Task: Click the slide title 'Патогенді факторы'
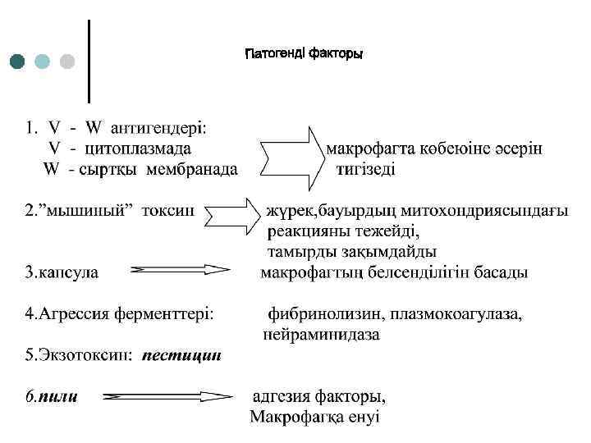(x=304, y=54)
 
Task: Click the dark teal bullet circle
(x=18, y=62)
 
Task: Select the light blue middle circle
(x=43, y=62)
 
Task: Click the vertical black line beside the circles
(x=89, y=60)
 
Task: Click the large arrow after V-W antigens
(x=291, y=156)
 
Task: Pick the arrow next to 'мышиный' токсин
(x=233, y=213)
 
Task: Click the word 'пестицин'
(x=181, y=356)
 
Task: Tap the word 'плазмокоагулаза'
(x=457, y=313)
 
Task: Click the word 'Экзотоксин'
(x=75, y=356)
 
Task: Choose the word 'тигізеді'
(x=365, y=170)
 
